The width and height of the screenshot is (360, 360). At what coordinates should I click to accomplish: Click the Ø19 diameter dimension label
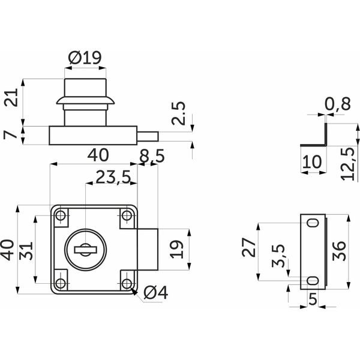85,58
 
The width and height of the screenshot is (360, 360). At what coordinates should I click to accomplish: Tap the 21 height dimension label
11,97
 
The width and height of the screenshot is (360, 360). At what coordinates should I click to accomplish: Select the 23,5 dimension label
113,177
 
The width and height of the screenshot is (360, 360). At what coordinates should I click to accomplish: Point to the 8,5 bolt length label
152,156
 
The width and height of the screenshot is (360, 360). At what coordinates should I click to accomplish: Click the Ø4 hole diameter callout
155,293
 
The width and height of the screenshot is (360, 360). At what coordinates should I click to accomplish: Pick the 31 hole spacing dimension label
26,251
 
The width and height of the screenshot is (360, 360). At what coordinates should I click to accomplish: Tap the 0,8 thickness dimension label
338,104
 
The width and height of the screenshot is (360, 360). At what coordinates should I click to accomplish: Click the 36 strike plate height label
339,251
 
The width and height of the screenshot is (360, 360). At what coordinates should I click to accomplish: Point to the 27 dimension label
249,247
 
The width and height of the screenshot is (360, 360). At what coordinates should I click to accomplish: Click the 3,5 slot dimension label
279,256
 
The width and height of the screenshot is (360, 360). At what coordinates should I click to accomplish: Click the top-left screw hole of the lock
61,215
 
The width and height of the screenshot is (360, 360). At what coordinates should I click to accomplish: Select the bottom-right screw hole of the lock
127,284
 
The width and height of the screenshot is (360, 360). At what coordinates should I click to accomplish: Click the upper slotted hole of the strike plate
313,223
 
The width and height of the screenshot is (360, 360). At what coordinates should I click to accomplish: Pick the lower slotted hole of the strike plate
313,281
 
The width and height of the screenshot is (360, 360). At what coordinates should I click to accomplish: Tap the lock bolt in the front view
148,250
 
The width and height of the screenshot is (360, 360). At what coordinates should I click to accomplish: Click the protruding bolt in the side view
148,136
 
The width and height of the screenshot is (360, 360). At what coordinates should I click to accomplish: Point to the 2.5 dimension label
178,113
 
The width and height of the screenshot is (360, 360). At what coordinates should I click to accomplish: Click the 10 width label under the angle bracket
312,161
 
